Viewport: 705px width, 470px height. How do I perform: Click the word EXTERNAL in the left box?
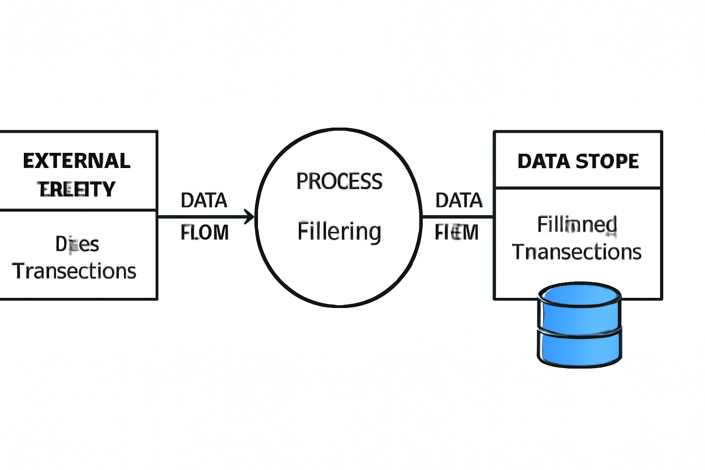pyautogui.click(x=77, y=161)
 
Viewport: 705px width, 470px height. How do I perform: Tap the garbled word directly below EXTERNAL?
pyautogui.click(x=77, y=189)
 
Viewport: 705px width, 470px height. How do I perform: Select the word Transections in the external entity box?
pyautogui.click(x=74, y=271)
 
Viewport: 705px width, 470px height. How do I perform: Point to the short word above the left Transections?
pyautogui.click(x=77, y=244)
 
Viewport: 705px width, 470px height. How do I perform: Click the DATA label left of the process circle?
pyautogui.click(x=204, y=201)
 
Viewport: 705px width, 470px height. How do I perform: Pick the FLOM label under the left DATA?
pyautogui.click(x=205, y=233)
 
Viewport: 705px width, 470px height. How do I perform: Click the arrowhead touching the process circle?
pyautogui.click(x=250, y=217)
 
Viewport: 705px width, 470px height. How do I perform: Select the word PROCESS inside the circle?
pyautogui.click(x=339, y=181)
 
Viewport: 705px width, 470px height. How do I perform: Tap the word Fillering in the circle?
pyautogui.click(x=339, y=231)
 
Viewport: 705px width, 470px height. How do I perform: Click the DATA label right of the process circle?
pyautogui.click(x=459, y=201)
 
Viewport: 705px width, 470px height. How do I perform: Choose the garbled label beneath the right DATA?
pyautogui.click(x=457, y=233)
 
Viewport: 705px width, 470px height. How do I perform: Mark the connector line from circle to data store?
pyautogui.click(x=457, y=217)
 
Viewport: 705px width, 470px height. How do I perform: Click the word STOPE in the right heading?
pyautogui.click(x=607, y=162)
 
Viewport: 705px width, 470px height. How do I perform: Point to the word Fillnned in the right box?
pyautogui.click(x=577, y=225)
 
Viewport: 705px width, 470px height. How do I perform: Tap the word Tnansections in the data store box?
pyautogui.click(x=576, y=252)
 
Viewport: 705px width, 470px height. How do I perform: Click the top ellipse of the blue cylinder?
pyautogui.click(x=579, y=294)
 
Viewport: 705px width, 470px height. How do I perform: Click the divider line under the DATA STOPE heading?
pyautogui.click(x=577, y=188)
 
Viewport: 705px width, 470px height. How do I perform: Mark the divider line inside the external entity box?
pyautogui.click(x=78, y=210)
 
